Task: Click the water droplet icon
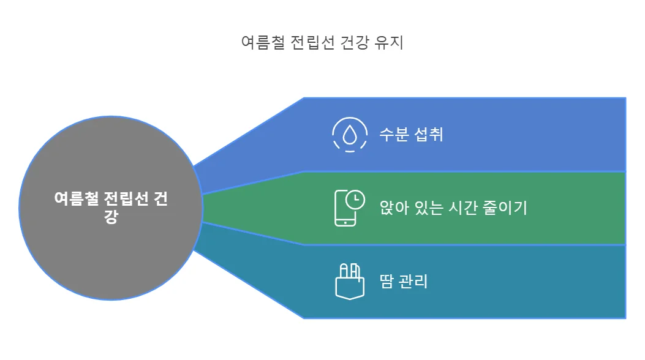[x=350, y=134]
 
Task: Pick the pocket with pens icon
[x=349, y=281]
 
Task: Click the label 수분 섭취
[x=412, y=134]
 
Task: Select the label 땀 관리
[x=404, y=282]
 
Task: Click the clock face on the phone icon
[x=355, y=200]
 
